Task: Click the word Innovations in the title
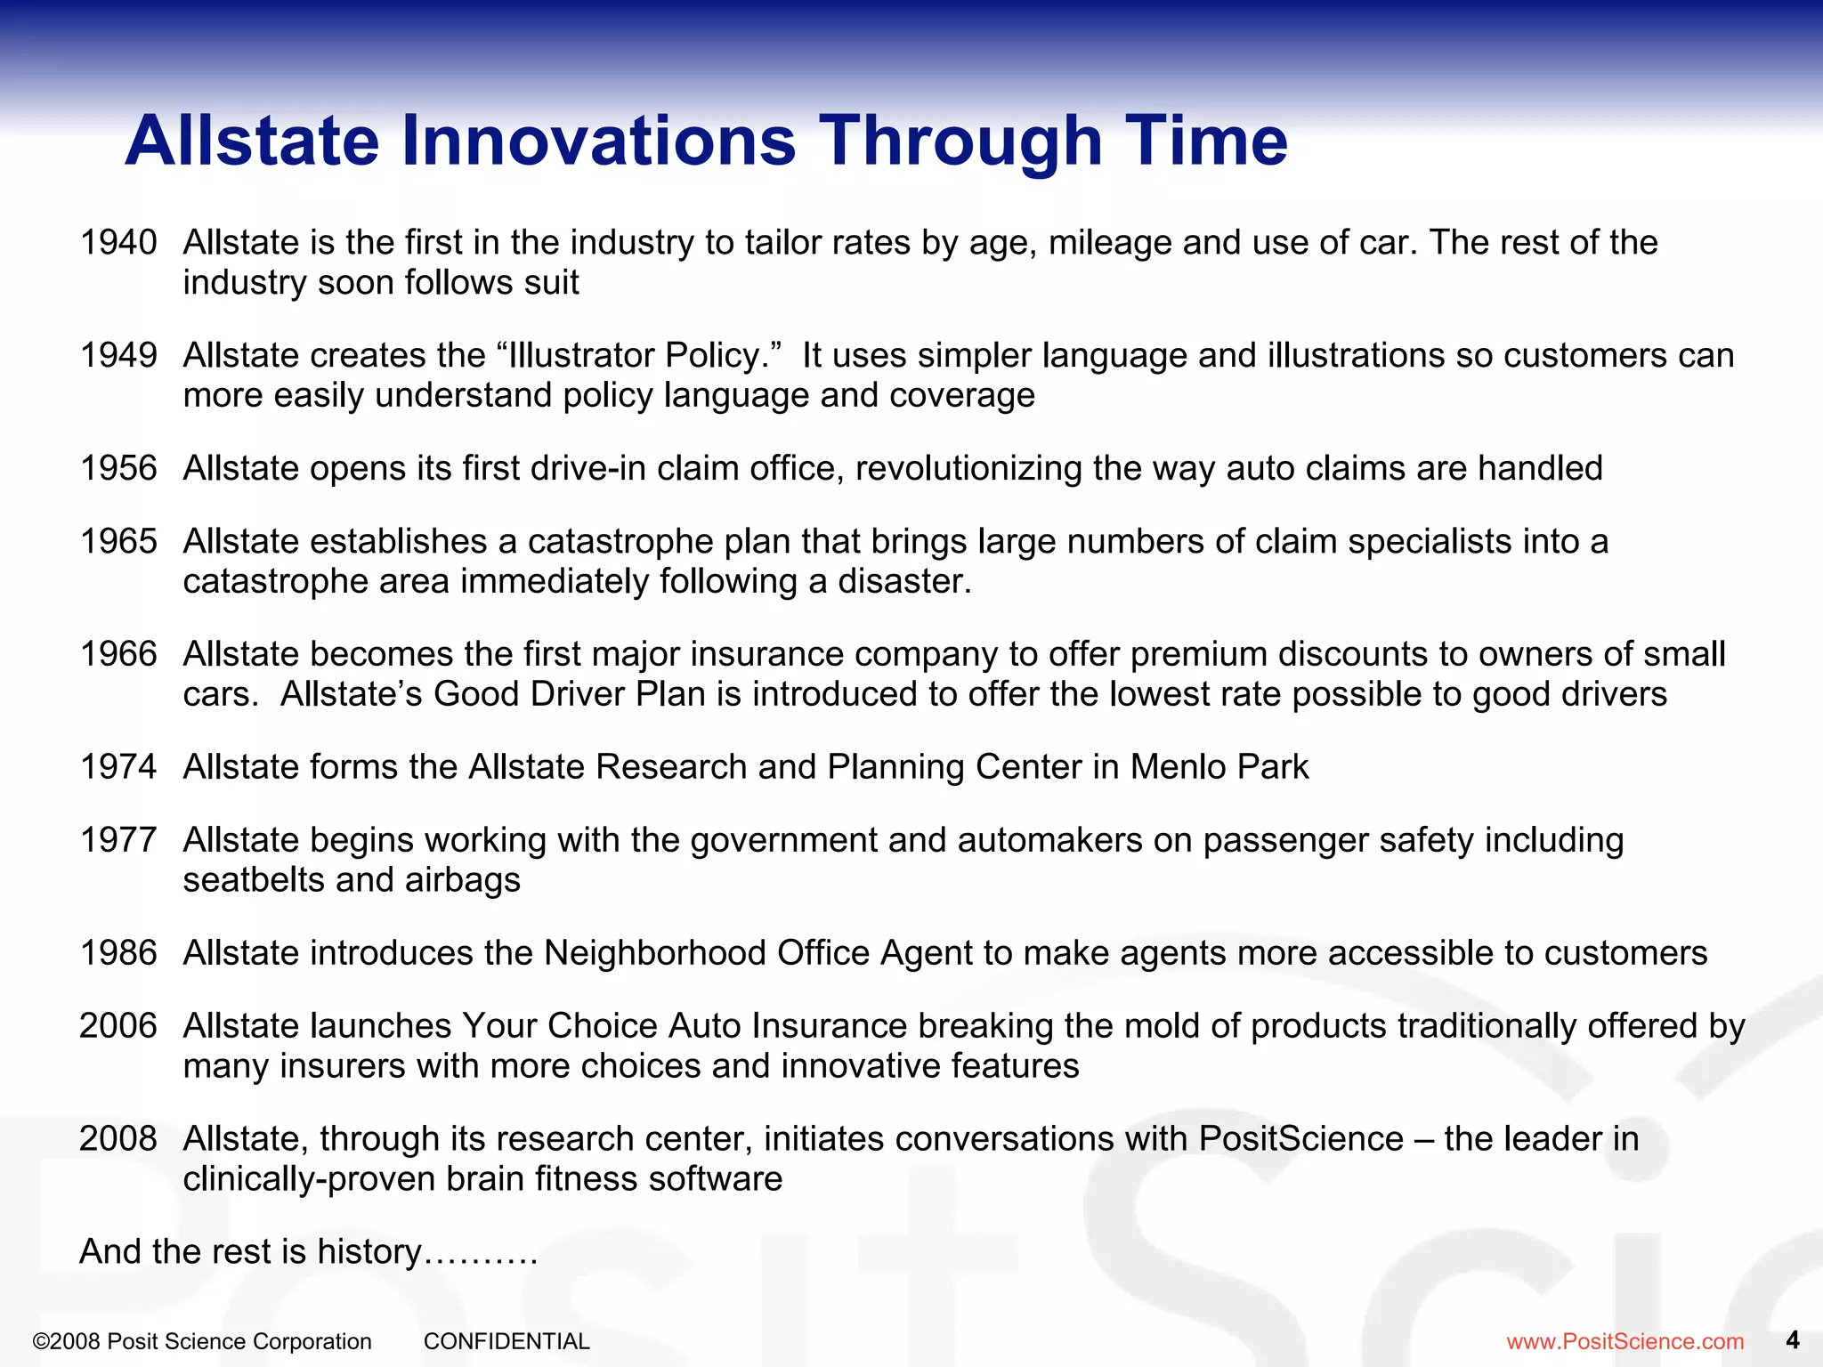(x=598, y=141)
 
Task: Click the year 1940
(x=118, y=242)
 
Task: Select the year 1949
(x=118, y=355)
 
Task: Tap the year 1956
(x=118, y=468)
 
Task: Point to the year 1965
(x=118, y=541)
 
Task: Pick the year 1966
(x=118, y=654)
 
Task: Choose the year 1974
(x=118, y=767)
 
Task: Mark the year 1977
(x=118, y=840)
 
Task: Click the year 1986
(x=118, y=953)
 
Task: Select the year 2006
(x=118, y=1026)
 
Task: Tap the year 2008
(x=118, y=1139)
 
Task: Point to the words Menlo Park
(x=1219, y=767)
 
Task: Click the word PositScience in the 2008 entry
(x=1300, y=1139)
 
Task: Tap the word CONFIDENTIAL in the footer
(x=506, y=1341)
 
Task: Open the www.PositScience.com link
(x=1624, y=1341)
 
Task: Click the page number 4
(x=1793, y=1339)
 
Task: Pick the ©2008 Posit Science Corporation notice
(x=202, y=1341)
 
